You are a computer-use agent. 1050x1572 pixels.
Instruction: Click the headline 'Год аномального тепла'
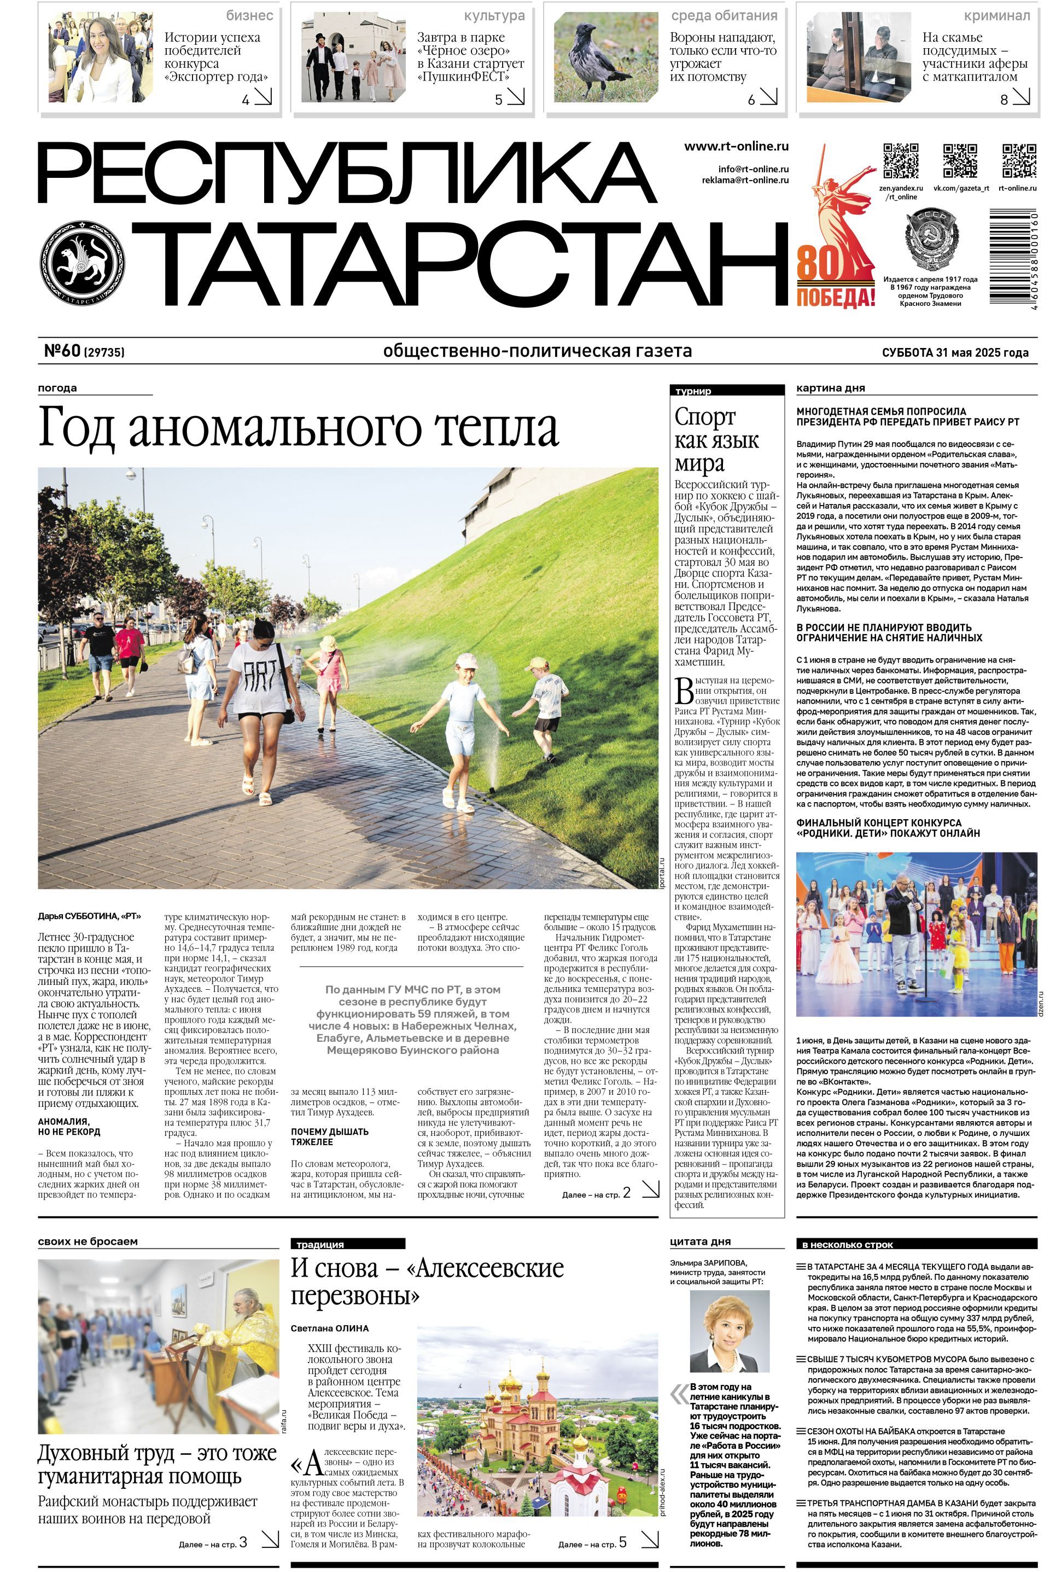point(298,427)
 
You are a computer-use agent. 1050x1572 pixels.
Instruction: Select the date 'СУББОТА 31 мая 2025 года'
point(955,352)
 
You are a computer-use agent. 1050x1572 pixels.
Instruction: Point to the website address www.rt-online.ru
point(736,147)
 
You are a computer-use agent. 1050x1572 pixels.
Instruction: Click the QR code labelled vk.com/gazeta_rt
point(960,160)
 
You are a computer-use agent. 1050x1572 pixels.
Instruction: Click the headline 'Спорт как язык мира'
point(716,440)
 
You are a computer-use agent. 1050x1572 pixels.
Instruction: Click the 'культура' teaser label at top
point(494,15)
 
